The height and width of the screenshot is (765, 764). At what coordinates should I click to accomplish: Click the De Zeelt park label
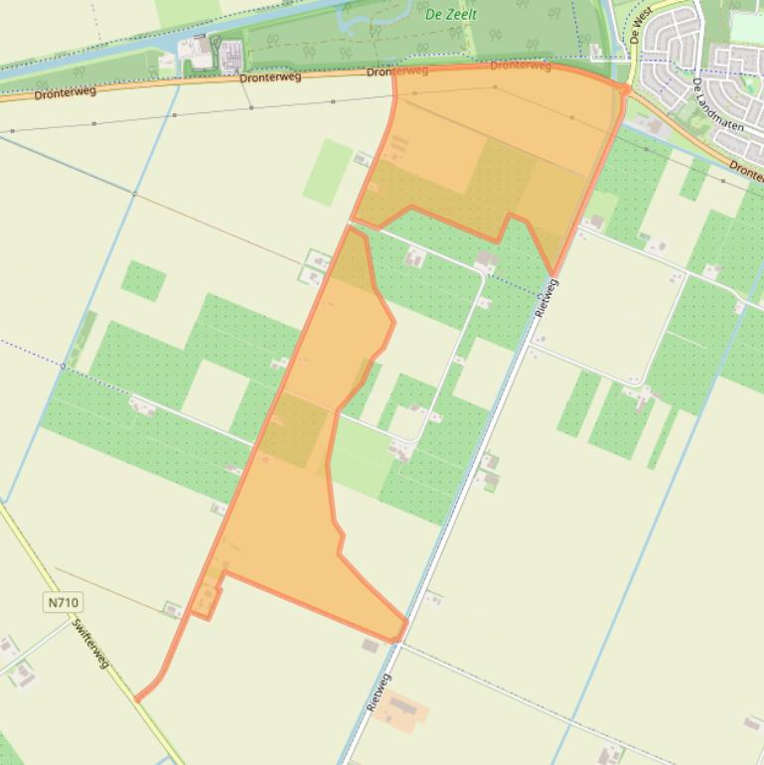pos(451,14)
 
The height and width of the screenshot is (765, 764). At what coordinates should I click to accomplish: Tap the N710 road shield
pos(62,602)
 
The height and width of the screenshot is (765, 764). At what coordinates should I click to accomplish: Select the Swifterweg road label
pos(90,643)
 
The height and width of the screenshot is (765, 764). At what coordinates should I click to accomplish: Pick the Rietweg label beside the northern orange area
pos(545,298)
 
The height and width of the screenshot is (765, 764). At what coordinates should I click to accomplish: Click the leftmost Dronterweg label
pos(65,93)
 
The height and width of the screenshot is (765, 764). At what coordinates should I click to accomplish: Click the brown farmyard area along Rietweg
pos(401,709)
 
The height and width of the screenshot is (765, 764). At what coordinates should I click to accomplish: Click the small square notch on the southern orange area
pos(206,601)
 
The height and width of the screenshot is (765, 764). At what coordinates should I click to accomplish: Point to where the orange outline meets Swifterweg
pos(137,698)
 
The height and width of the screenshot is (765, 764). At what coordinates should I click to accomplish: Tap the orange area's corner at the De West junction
pos(625,90)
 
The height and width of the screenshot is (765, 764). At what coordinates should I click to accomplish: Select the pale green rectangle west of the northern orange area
pos(327,172)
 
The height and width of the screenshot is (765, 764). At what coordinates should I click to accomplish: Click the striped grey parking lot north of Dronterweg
pos(230,56)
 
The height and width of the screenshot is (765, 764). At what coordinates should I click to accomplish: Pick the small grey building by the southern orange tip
pos(371,646)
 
